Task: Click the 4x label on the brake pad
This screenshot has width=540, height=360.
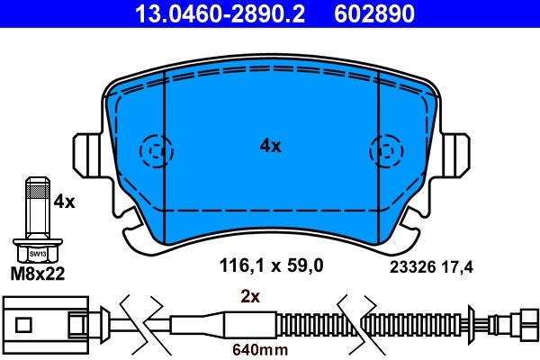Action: (270, 145)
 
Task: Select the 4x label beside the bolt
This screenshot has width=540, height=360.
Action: (64, 202)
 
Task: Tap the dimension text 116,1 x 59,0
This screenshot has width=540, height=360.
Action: (271, 265)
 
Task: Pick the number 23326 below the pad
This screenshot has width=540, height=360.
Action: (409, 266)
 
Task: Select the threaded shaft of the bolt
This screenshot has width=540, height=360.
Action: (35, 208)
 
